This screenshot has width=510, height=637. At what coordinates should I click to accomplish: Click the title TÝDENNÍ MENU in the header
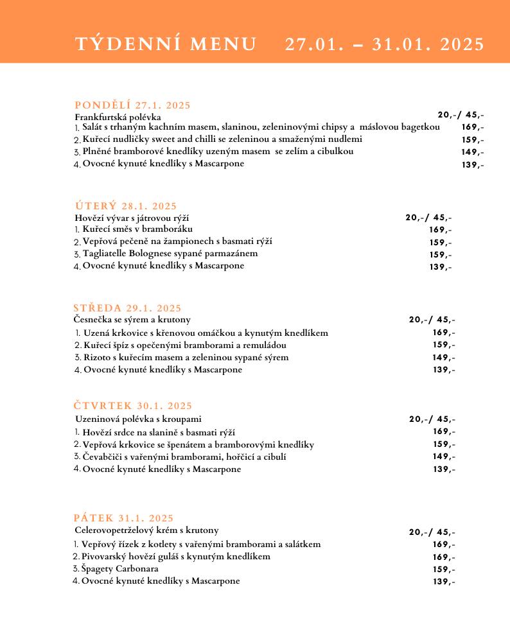pos(166,44)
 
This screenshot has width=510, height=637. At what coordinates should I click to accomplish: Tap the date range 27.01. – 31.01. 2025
pos(384,44)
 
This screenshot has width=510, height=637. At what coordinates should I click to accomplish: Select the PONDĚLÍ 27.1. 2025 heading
pos(132,105)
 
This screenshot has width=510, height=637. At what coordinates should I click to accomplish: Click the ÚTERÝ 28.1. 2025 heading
pos(125,206)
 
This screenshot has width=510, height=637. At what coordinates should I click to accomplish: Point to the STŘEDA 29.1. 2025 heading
pos(127,308)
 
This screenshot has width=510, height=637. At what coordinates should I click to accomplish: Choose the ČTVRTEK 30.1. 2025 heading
pos(132,406)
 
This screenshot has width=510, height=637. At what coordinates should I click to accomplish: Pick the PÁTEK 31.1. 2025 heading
pos(123,518)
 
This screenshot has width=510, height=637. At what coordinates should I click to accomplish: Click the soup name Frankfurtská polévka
pos(118,117)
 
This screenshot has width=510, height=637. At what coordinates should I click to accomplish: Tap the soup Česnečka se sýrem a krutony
pos(132,319)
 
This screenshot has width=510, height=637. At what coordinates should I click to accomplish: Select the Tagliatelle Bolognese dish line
pos(170,254)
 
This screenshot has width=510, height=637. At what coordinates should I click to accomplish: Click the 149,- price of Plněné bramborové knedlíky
pos(473,152)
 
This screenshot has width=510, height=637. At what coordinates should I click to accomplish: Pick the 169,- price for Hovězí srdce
pos(444,432)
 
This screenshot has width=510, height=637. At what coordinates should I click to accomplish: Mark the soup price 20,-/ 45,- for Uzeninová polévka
pos(432,419)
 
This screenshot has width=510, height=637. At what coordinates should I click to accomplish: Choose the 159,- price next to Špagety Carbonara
pos(444,570)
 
